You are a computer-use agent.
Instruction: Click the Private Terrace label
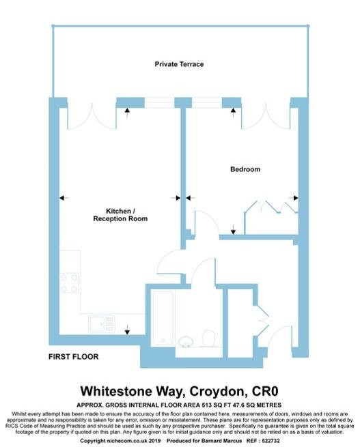179,64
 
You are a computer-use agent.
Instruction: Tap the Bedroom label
245,169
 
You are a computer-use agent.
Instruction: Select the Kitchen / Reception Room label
120,215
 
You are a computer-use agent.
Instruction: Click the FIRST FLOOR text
73,357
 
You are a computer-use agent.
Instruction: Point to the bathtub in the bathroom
163,318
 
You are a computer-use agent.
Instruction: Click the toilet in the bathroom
208,338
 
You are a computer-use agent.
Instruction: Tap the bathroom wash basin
186,341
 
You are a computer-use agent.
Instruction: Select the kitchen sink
102,324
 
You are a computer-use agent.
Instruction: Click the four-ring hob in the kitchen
70,283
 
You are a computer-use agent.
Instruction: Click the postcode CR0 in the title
265,391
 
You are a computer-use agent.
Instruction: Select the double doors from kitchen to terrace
92,116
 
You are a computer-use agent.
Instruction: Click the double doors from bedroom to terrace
266,116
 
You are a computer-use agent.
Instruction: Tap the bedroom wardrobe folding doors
271,207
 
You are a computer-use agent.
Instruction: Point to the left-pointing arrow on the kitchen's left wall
64,198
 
